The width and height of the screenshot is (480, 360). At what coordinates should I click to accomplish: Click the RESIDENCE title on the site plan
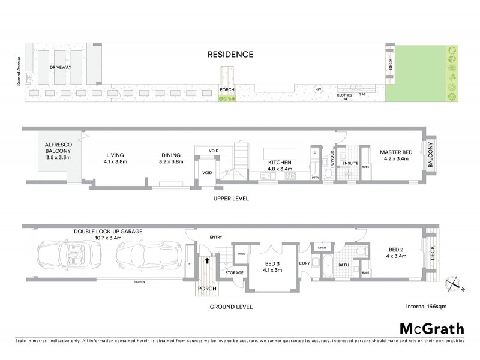tap(230, 55)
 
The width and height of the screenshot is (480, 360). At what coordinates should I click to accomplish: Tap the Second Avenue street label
tap(19, 71)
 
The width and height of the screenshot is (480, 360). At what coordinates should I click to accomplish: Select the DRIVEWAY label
tap(61, 68)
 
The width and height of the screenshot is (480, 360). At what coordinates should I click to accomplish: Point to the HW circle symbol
tap(318, 90)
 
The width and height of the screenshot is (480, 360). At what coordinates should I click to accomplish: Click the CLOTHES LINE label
tap(344, 97)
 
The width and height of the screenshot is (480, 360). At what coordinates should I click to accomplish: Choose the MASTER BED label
tap(394, 152)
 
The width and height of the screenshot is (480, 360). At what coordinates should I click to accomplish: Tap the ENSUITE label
tap(350, 162)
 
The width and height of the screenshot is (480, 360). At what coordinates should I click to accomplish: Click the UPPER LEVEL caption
tap(231, 199)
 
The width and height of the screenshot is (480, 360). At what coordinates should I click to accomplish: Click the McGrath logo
tap(431, 328)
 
